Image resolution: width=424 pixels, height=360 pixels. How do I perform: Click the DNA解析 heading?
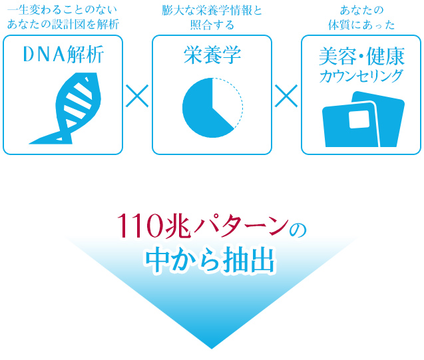click(63, 55)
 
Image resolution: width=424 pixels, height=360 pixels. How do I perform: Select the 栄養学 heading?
click(212, 55)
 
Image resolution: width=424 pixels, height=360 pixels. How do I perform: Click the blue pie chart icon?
click(212, 108)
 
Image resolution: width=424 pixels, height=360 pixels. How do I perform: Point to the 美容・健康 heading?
click(361, 56)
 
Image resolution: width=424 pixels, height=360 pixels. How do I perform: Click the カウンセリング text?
click(361, 76)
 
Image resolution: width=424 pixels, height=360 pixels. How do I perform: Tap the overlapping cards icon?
click(363, 119)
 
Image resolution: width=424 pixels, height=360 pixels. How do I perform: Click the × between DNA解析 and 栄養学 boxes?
click(137, 96)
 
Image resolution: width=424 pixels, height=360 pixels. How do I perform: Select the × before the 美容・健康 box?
click(286, 96)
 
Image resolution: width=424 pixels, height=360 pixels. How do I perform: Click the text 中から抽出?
click(210, 260)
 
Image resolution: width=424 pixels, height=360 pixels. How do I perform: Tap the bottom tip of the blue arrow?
click(212, 349)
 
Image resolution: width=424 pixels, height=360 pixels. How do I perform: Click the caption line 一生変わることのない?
click(63, 10)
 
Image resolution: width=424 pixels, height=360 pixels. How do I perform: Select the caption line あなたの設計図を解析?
click(63, 25)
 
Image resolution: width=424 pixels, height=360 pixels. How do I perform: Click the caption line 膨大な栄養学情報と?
click(212, 10)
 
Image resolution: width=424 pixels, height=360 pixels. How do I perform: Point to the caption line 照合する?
click(212, 25)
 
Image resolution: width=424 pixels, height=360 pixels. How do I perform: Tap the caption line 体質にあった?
click(361, 25)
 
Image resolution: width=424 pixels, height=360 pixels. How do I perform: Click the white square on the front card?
click(359, 119)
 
